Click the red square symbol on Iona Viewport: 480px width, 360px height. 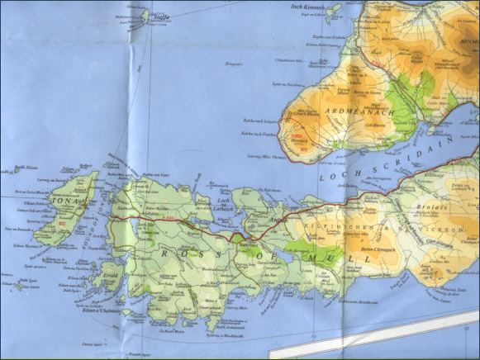coord(63,223)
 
